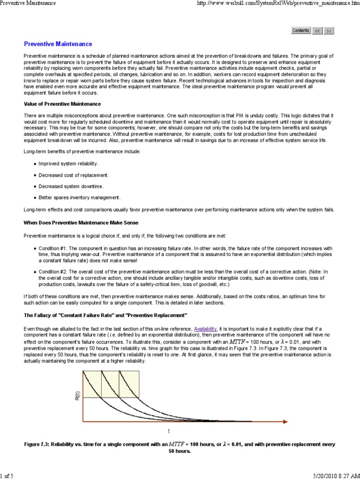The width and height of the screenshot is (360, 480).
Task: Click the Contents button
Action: tap(300, 30)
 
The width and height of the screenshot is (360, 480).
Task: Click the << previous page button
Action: tap(317, 30)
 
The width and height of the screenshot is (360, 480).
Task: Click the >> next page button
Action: tap(329, 30)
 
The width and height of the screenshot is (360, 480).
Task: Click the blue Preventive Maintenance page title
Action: tap(58, 44)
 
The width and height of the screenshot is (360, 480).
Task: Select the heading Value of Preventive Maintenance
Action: tap(62, 104)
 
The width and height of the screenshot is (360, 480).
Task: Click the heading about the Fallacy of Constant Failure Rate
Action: tap(105, 315)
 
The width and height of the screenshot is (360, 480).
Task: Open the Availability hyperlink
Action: tap(205, 329)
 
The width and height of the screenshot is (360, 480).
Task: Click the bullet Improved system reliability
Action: tap(68, 164)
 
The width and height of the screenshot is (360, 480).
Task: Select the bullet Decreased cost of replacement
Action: tap(74, 175)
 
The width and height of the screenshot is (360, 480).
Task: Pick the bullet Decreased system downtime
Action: tap(71, 186)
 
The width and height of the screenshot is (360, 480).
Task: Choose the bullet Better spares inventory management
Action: tap(80, 197)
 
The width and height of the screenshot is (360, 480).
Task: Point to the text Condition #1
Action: tap(53, 248)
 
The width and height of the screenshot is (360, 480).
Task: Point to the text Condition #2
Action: tap(53, 271)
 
